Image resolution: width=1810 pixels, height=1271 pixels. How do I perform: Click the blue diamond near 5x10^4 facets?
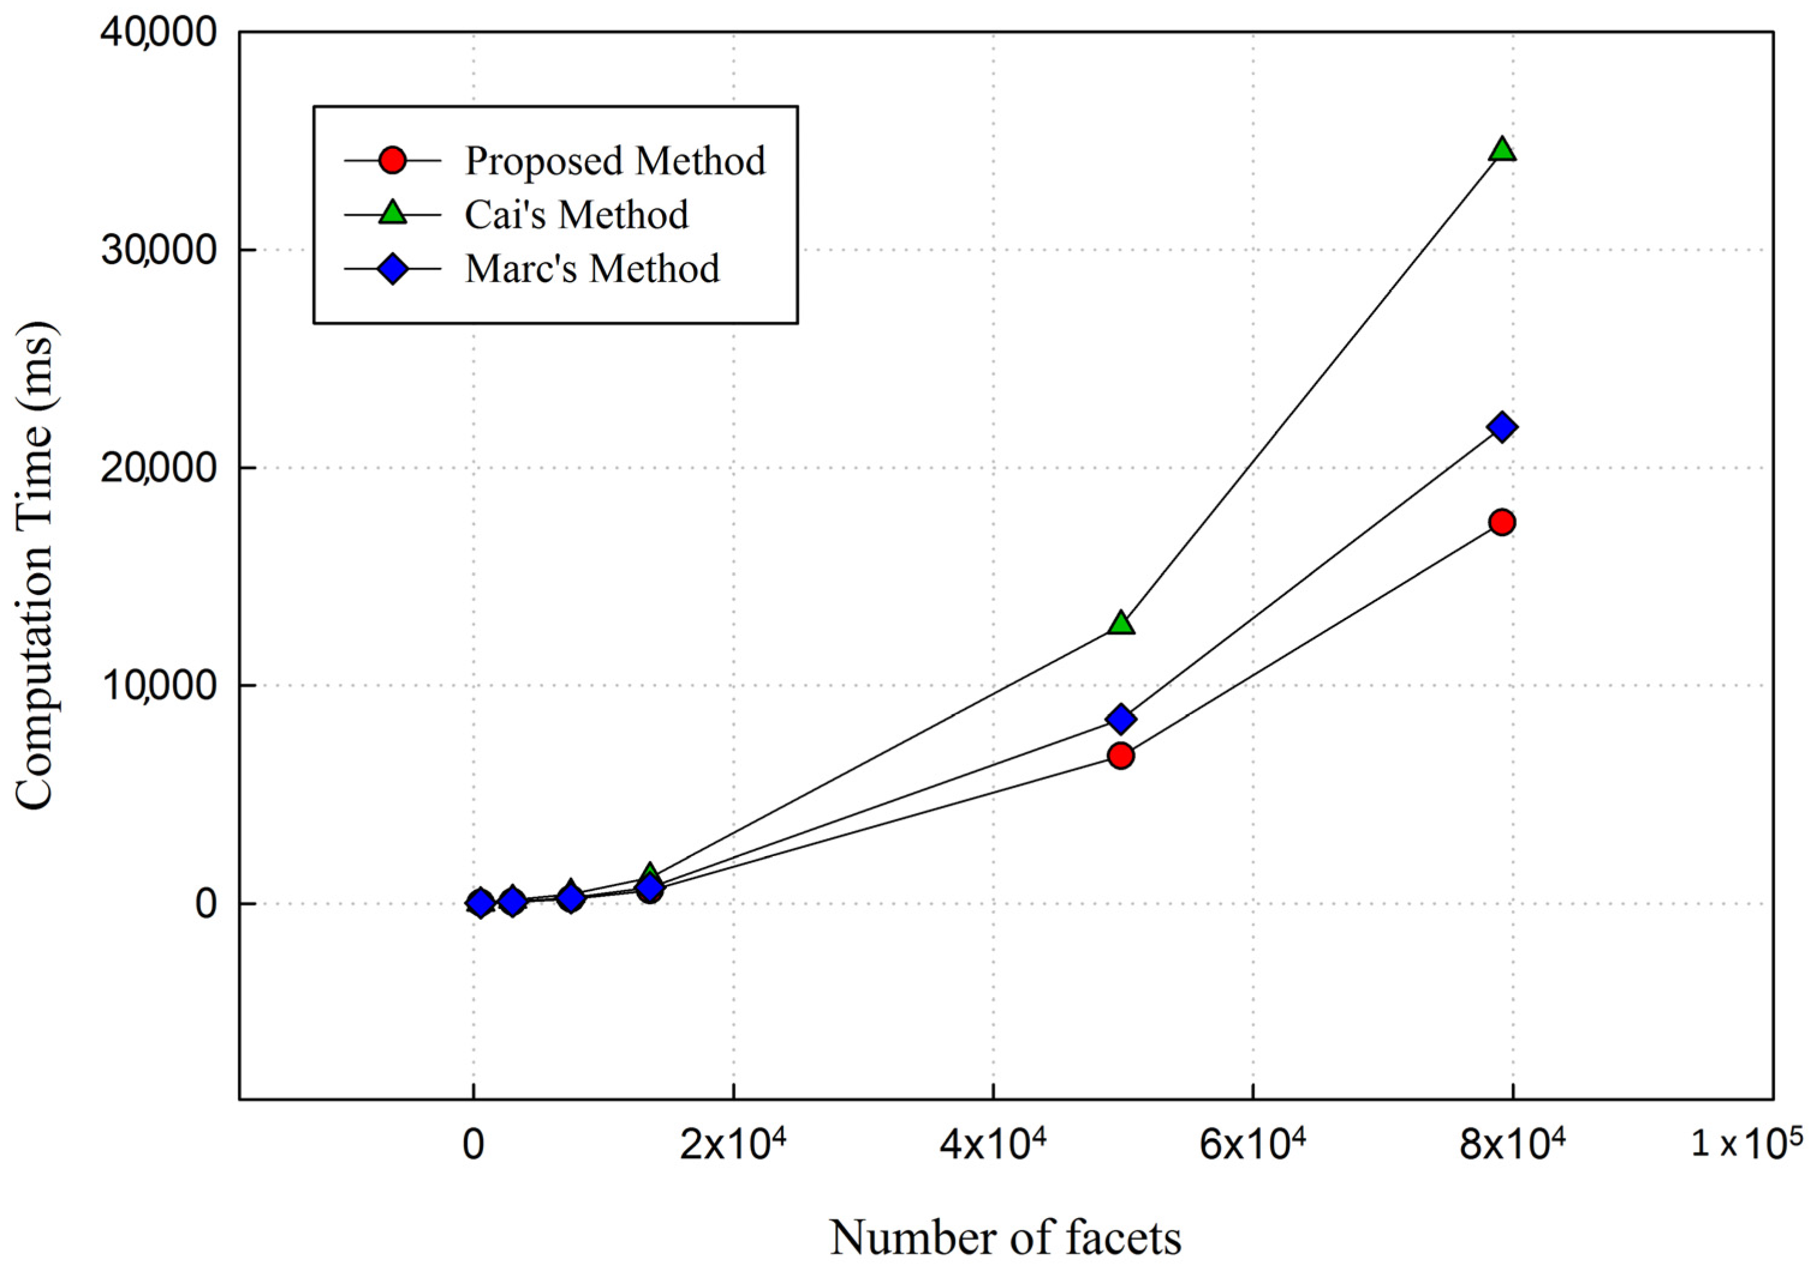click(x=1121, y=718)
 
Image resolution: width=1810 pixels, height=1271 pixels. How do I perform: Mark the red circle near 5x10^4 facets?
click(x=1121, y=756)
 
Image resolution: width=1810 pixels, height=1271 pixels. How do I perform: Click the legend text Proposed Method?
click(x=615, y=161)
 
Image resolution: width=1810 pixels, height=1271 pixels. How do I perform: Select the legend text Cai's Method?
click(x=576, y=214)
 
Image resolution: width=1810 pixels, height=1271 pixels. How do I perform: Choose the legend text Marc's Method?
click(x=592, y=269)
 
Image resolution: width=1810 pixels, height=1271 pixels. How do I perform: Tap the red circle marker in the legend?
click(x=393, y=161)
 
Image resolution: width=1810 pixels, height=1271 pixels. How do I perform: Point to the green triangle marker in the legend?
click(x=393, y=214)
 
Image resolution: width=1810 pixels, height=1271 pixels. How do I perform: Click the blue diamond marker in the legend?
click(x=393, y=269)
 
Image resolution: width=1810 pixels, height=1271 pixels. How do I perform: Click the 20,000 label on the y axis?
click(x=158, y=468)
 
